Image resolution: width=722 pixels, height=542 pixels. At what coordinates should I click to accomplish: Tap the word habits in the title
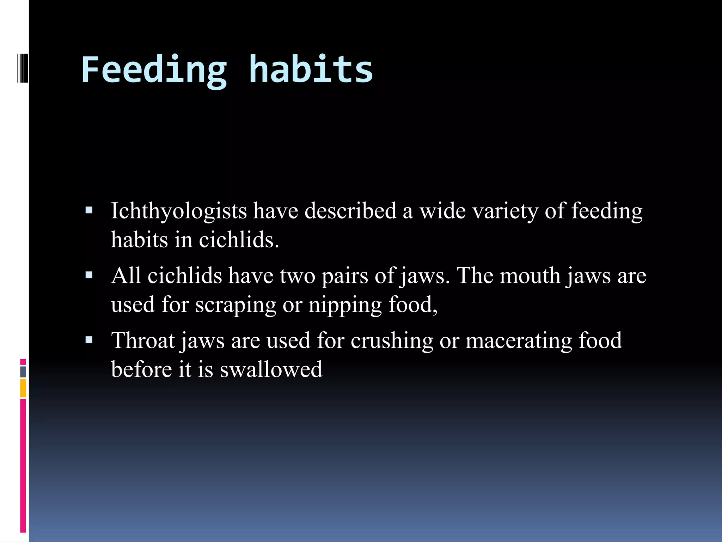[311, 70]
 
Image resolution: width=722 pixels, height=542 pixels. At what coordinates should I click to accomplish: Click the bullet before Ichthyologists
[89, 211]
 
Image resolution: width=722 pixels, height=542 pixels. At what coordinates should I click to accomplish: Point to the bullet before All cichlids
[89, 275]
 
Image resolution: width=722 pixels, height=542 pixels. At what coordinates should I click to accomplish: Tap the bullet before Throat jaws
[89, 340]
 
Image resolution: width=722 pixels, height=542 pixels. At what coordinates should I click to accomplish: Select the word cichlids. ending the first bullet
[239, 240]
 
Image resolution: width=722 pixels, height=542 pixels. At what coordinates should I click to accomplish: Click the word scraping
[236, 305]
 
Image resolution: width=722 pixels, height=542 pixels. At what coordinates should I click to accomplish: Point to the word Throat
[143, 341]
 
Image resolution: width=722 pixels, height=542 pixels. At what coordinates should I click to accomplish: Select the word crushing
[392, 341]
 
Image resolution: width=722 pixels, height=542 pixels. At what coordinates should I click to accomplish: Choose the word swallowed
[271, 369]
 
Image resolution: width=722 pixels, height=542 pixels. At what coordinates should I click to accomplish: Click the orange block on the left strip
[23, 388]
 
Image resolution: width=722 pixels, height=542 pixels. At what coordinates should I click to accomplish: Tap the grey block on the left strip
[23, 372]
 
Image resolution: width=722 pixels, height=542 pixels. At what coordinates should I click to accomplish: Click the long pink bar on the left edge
[23, 466]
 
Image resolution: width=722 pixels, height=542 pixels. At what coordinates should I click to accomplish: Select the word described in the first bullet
[350, 211]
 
